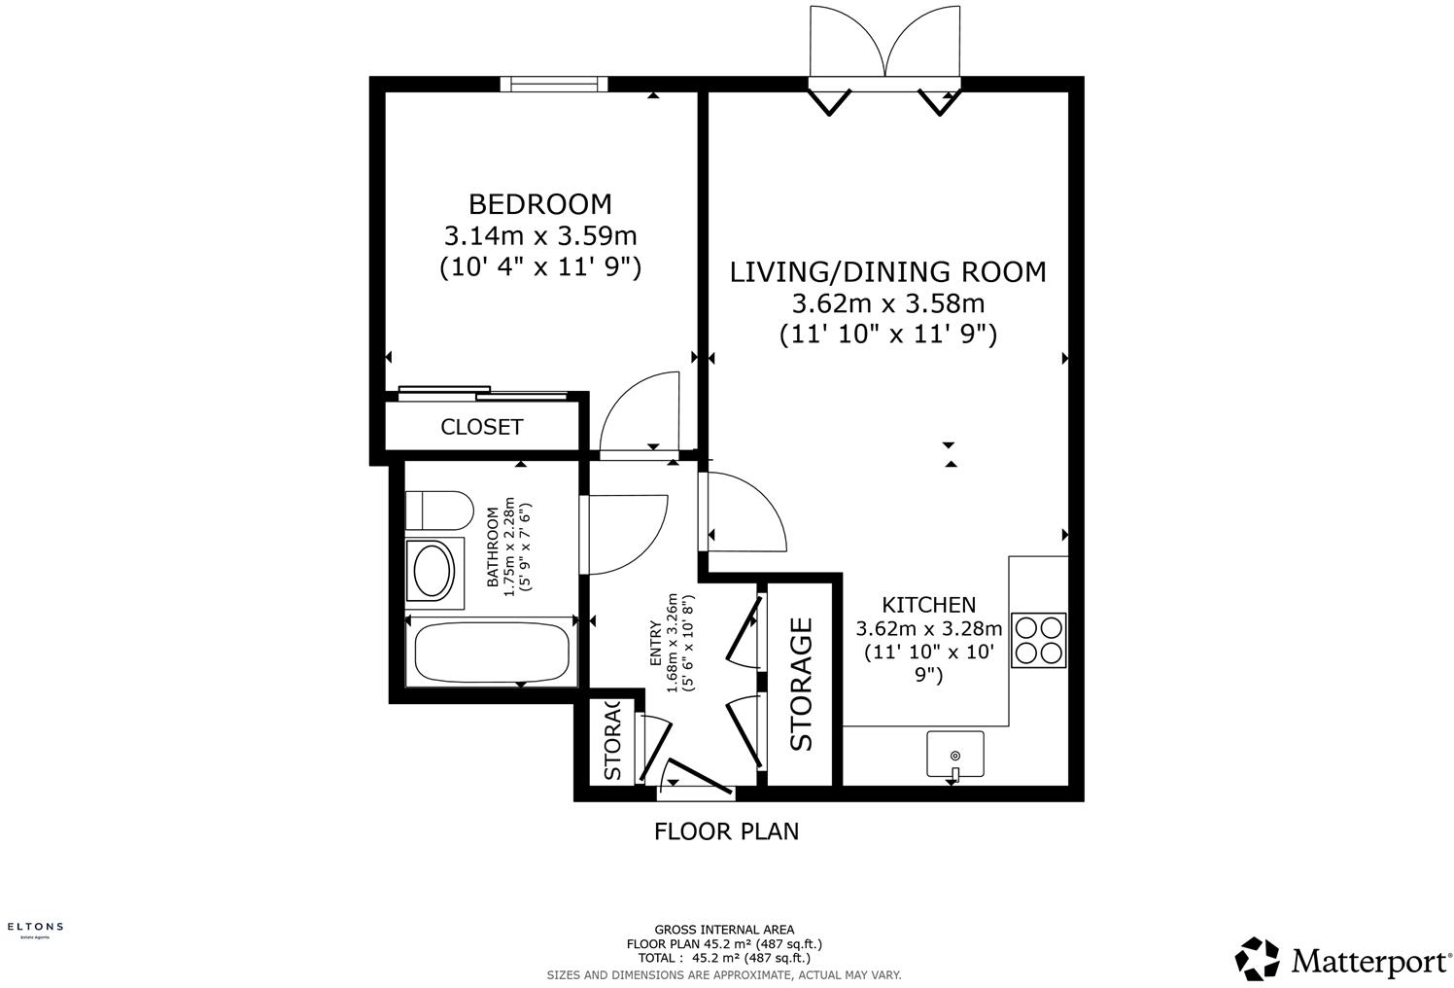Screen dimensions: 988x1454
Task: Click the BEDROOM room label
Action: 540,204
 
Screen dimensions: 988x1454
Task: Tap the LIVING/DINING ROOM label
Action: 887,271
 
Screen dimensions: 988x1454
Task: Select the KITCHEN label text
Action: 928,605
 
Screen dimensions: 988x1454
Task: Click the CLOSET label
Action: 482,427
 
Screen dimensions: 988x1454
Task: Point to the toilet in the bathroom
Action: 438,509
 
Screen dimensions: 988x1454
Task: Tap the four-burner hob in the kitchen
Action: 1039,639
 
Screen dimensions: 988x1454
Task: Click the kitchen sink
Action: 954,755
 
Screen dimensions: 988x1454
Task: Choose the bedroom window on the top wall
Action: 553,85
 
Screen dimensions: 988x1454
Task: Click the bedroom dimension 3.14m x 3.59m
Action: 540,236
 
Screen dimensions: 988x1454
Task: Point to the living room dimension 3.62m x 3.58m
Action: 887,303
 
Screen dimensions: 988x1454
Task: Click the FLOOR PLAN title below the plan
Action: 726,831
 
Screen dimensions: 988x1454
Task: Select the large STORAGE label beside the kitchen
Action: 801,684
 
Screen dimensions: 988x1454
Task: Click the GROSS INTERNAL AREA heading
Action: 724,930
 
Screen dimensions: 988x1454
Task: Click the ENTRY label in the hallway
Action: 655,643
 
